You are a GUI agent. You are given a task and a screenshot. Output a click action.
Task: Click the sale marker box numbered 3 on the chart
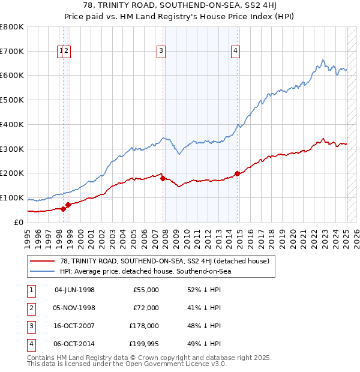pos(161,52)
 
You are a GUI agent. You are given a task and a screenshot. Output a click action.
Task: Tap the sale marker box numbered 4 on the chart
pos(236,52)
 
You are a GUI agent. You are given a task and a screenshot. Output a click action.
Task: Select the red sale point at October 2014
pos(238,173)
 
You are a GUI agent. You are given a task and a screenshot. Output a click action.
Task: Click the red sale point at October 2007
pos(163,178)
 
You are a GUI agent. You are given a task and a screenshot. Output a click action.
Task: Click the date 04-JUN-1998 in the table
pos(74,290)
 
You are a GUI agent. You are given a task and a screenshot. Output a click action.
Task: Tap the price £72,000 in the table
pos(146,308)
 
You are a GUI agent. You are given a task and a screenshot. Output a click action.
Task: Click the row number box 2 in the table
pos(31,308)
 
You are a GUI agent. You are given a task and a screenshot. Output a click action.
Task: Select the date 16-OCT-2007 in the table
pos(74,326)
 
